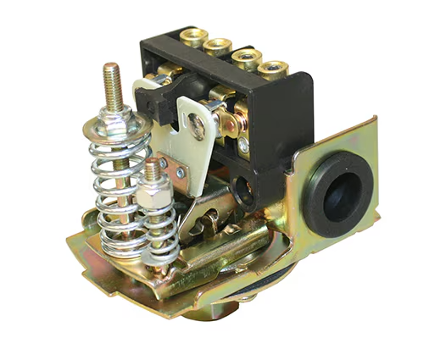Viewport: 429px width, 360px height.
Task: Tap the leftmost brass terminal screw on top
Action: point(193,36)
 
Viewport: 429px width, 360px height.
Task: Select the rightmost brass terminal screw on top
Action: point(271,66)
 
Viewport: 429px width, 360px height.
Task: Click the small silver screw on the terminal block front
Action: point(243,145)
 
